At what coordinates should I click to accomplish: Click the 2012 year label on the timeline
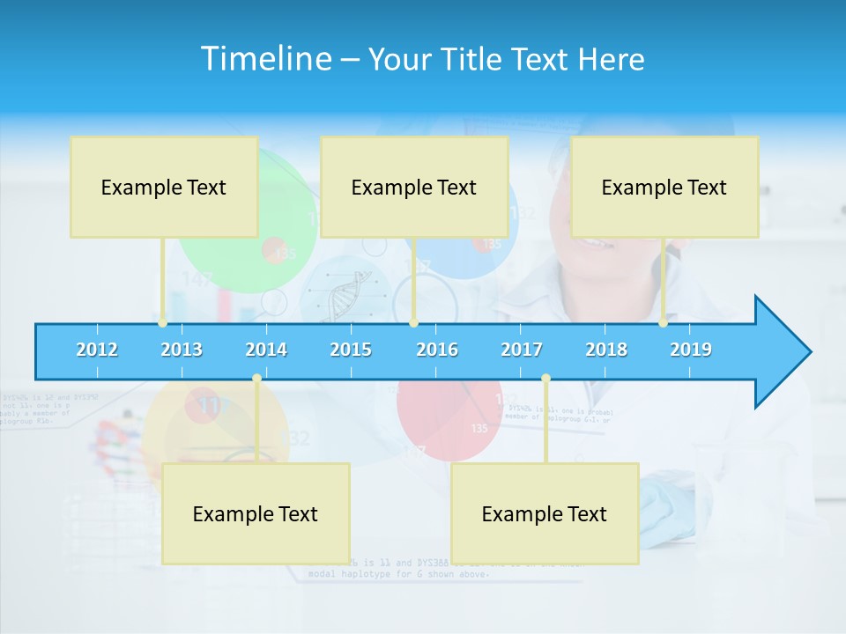pyautogui.click(x=97, y=350)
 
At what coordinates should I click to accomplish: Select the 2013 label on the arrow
pyautogui.click(x=182, y=350)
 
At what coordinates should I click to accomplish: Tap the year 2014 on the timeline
pyautogui.click(x=266, y=350)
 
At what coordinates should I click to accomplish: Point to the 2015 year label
pyautogui.click(x=351, y=350)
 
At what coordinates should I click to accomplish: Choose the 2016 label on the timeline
pyautogui.click(x=437, y=350)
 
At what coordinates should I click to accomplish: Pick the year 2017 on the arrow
pyautogui.click(x=522, y=350)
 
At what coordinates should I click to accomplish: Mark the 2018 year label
pyautogui.click(x=606, y=350)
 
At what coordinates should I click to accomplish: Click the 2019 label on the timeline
pyautogui.click(x=691, y=350)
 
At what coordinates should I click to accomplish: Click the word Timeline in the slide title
pyautogui.click(x=264, y=59)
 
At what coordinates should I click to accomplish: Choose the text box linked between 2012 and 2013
pyautogui.click(x=164, y=187)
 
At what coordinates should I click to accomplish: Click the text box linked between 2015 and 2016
pyautogui.click(x=414, y=187)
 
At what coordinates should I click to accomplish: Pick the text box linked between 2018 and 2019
pyautogui.click(x=664, y=187)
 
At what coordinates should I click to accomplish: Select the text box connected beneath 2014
pyautogui.click(x=256, y=513)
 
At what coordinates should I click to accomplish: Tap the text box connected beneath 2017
pyautogui.click(x=545, y=513)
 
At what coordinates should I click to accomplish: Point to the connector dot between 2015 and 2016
pyautogui.click(x=413, y=323)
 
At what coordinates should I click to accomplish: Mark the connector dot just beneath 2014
pyautogui.click(x=256, y=379)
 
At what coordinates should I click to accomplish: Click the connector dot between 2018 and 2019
pyautogui.click(x=664, y=323)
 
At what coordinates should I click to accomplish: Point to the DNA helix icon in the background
pyautogui.click(x=343, y=295)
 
